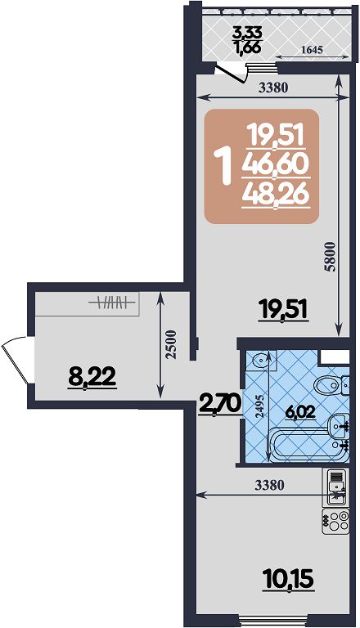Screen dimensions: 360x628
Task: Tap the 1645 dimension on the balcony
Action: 312,50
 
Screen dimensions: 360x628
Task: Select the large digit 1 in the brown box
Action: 223,166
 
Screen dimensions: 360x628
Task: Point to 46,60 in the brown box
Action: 275,164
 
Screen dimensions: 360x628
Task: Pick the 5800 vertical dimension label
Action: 331,257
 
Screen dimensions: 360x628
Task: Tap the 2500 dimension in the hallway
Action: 171,344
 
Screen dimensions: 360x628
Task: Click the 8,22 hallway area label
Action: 92,376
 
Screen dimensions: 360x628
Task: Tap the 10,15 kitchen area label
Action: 288,578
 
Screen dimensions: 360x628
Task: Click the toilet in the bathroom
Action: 331,384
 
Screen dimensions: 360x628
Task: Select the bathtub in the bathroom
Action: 307,444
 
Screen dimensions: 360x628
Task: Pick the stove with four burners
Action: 335,521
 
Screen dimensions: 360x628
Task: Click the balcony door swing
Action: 232,74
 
